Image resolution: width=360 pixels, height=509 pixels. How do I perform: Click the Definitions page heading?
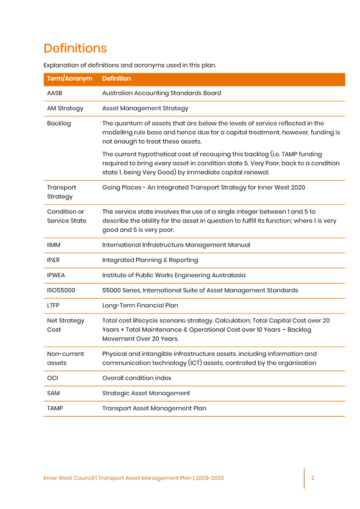pos(75,49)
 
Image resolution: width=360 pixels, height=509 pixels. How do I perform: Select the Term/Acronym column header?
pos(70,79)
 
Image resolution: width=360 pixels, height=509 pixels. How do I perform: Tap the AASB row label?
pos(55,93)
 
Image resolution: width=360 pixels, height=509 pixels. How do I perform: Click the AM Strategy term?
pos(65,109)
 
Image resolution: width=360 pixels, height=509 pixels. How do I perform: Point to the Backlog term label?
pos(59,124)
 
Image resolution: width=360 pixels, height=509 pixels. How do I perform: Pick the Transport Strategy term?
pos(61,192)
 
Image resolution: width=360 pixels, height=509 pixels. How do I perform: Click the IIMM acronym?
pos(54,245)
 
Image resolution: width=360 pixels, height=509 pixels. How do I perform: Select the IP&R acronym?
pos(54,260)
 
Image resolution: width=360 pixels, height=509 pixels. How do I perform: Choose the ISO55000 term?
pos(61,291)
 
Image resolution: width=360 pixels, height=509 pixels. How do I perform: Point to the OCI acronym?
pos(52,378)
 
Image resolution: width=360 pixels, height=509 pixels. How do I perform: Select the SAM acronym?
pos(53,393)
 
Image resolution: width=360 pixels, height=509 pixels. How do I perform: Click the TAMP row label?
pos(55,408)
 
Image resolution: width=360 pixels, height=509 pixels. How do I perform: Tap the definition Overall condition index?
pos(137,378)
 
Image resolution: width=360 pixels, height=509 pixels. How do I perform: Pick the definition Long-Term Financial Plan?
pos(140,306)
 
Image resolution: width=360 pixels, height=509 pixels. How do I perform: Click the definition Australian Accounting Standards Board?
pos(161,93)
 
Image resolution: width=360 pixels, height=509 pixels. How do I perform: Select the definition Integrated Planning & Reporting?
pos(150,260)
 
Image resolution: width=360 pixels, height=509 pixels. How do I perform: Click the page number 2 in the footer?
pos(313,478)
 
